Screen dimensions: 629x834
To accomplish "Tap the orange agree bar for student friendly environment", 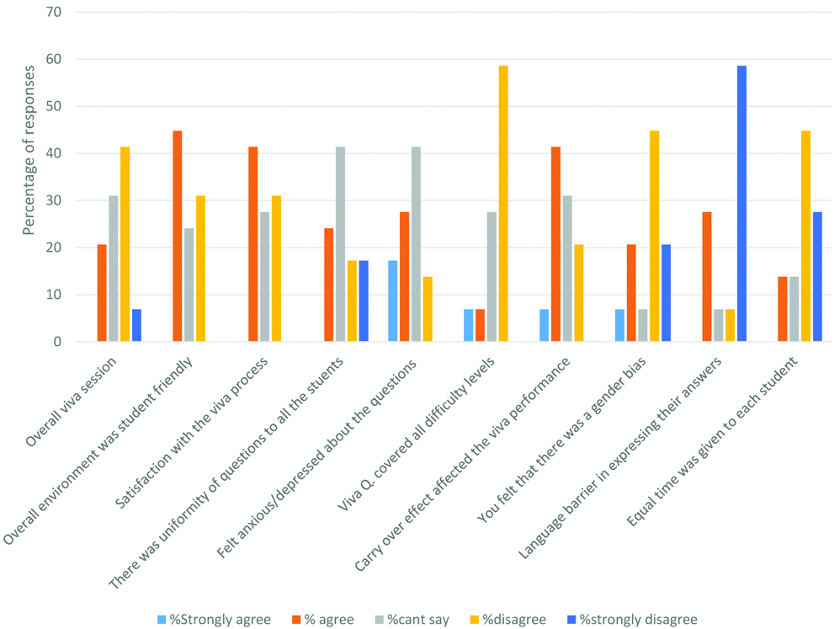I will (178, 237).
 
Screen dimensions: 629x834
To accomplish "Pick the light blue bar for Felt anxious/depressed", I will (393, 301).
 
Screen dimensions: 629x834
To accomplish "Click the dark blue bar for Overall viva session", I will (136, 326).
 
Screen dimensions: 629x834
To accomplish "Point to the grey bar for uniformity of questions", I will (340, 244).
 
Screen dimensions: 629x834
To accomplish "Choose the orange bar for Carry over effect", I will (556, 244).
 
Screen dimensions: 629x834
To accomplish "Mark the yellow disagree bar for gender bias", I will (654, 237).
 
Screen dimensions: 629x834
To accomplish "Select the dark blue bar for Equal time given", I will (817, 277).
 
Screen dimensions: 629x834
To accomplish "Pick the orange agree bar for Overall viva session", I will (102, 293).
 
